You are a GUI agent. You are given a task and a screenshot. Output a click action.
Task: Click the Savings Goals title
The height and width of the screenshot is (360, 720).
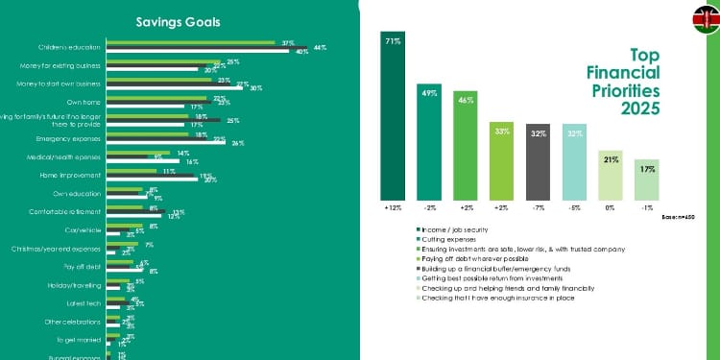(178, 21)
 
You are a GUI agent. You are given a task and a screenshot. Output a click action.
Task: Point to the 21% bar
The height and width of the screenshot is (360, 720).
(611, 174)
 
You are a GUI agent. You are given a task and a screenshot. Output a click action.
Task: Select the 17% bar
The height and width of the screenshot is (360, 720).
(647, 179)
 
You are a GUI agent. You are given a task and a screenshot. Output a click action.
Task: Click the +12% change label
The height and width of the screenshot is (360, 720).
(393, 206)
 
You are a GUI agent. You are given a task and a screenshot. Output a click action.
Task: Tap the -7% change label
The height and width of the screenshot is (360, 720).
(538, 206)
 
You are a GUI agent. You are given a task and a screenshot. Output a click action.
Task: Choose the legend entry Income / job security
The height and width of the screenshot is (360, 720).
(454, 228)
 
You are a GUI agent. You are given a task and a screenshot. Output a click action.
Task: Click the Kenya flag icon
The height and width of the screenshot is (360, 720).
(704, 16)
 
